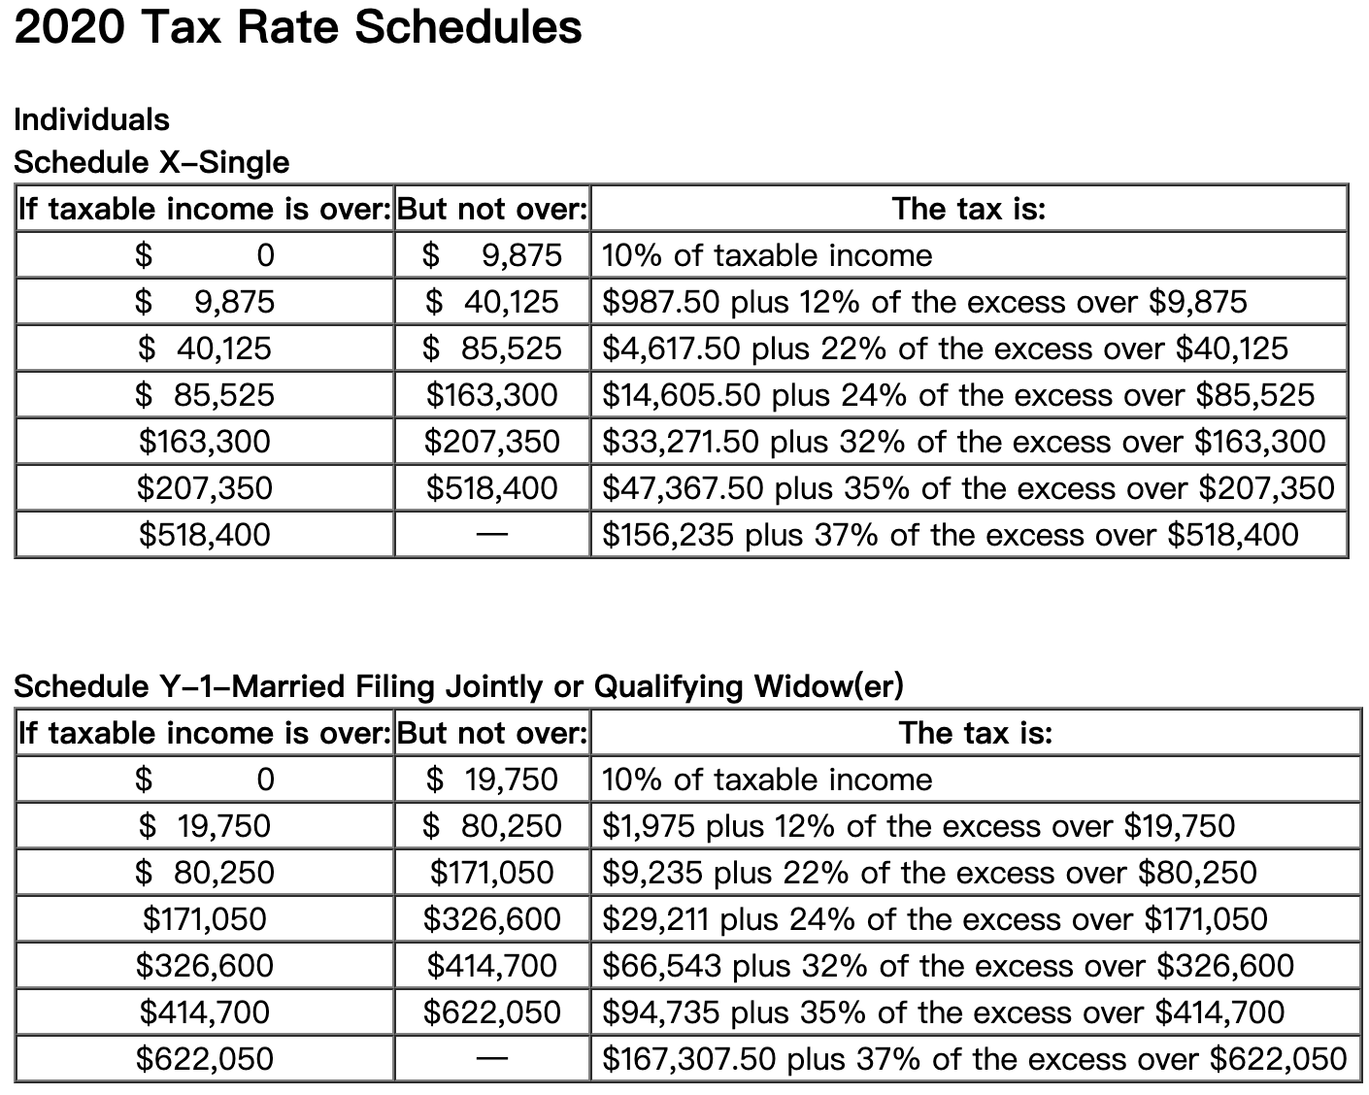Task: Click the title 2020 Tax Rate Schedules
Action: [x=298, y=27]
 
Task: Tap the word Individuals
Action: [x=91, y=119]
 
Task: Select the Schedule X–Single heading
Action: [x=151, y=162]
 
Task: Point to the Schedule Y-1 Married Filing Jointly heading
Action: [x=458, y=686]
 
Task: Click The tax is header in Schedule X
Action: [x=968, y=209]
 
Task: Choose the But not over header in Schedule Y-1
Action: [x=492, y=733]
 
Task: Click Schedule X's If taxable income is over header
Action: [x=205, y=209]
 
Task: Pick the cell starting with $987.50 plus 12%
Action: [x=924, y=302]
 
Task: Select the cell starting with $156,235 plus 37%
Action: [x=950, y=535]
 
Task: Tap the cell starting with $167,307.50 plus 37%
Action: [x=974, y=1059]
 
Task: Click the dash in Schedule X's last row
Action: [x=492, y=535]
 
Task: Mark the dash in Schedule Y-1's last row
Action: [x=492, y=1059]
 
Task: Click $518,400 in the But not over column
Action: [x=492, y=488]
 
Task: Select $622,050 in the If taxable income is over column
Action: [x=205, y=1059]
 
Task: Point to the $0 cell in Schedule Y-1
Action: [x=205, y=780]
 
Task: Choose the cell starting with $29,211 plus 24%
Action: [x=934, y=919]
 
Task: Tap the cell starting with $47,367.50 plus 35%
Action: [x=968, y=488]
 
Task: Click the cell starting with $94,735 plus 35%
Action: [x=943, y=1012]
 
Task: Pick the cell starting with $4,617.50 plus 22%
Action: [x=945, y=348]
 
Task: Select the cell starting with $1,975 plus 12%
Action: [x=918, y=826]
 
